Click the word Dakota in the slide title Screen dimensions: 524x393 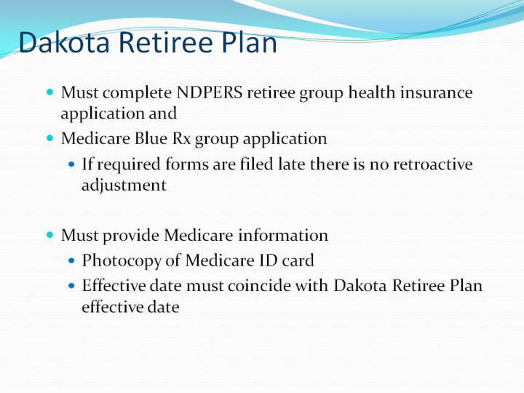(x=64, y=42)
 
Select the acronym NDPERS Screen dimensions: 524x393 (x=209, y=92)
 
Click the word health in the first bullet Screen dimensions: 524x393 (x=371, y=92)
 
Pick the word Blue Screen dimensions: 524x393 (x=151, y=138)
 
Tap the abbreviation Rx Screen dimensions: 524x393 (x=181, y=139)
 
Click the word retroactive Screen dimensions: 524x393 (x=433, y=164)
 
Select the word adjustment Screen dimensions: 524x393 (x=124, y=186)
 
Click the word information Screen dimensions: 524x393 (x=283, y=235)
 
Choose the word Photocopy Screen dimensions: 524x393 (x=122, y=261)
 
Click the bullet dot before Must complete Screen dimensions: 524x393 (x=49, y=92)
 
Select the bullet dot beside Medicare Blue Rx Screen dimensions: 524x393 (x=49, y=138)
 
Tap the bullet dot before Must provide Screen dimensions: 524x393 (x=49, y=234)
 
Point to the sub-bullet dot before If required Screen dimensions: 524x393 (x=71, y=164)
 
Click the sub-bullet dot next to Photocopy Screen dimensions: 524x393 (x=71, y=260)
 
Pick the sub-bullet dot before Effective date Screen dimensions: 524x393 (x=71, y=285)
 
